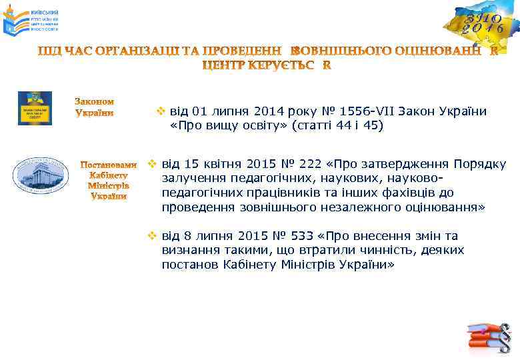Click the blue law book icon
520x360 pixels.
pos(35,108)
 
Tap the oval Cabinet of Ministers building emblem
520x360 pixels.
pos(41,175)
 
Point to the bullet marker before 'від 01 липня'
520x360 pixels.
pos(160,111)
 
